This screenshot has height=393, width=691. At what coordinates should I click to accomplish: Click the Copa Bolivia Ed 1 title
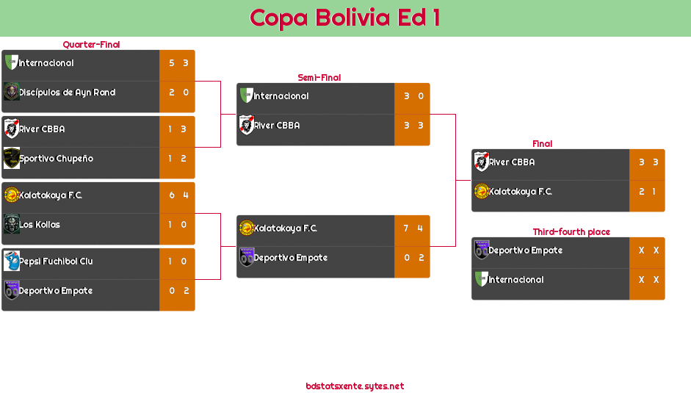click(x=345, y=18)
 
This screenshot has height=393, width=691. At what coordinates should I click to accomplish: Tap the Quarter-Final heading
click(x=90, y=45)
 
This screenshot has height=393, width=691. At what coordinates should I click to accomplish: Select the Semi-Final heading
click(x=318, y=78)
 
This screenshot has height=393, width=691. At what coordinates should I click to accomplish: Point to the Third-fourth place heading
click(x=571, y=232)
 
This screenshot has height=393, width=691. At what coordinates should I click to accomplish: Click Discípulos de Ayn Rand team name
click(x=67, y=93)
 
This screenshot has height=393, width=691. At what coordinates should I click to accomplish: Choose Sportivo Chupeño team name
click(x=56, y=159)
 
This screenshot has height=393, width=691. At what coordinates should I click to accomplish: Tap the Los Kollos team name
click(x=40, y=225)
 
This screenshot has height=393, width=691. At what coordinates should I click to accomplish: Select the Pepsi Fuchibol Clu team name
click(x=56, y=262)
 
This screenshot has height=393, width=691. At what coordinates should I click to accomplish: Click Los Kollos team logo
click(x=11, y=224)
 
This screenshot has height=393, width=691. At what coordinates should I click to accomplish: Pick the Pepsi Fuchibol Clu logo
click(x=11, y=261)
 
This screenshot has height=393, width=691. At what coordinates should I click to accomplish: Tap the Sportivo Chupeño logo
click(x=11, y=158)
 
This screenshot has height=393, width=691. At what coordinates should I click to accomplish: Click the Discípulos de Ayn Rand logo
click(x=11, y=92)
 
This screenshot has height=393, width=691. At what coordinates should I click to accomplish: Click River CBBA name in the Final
click(x=512, y=162)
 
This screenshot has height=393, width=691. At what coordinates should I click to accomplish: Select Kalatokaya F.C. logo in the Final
click(x=481, y=192)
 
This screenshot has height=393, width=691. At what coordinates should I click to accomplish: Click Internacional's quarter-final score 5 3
click(x=178, y=63)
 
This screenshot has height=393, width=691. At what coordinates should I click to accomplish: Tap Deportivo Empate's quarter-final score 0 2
click(x=178, y=291)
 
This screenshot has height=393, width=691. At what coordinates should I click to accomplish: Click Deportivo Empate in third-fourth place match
click(x=526, y=250)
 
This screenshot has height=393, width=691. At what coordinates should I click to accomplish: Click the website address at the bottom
click(x=355, y=386)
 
